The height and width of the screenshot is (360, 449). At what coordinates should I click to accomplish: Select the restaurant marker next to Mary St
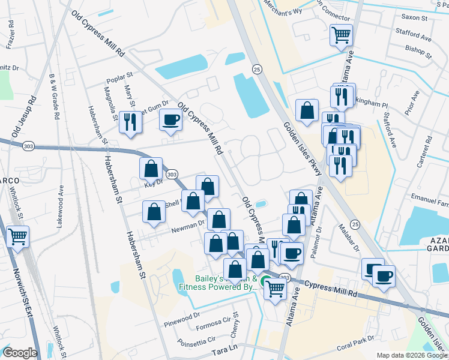[x=130, y=122]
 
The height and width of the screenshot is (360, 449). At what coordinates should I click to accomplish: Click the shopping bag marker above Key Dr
[x=150, y=169]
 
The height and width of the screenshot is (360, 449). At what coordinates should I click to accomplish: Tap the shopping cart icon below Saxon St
[x=341, y=35]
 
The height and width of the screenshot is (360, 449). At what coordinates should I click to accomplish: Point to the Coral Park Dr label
[x=355, y=346]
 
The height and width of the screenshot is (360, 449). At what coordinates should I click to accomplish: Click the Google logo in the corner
[x=20, y=353]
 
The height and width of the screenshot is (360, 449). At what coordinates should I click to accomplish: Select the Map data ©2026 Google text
[x=411, y=355]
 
